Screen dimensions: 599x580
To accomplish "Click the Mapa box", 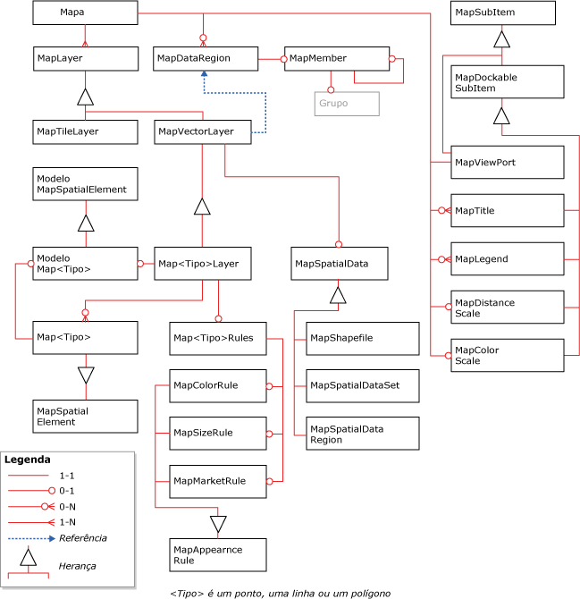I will (x=85, y=13).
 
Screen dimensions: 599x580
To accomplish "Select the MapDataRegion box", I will (x=205, y=58).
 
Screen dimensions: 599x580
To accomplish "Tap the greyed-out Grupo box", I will (x=347, y=104).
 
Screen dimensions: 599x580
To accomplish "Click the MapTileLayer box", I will (x=85, y=131).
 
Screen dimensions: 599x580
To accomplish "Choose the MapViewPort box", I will (x=507, y=162).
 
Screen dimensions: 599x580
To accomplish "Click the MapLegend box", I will (x=507, y=259).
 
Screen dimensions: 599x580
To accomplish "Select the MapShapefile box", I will (x=362, y=337).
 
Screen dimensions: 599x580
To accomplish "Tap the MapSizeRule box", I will (x=219, y=433).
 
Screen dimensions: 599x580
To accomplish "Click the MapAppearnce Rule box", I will (x=219, y=553).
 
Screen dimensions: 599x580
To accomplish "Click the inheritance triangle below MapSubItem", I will (x=502, y=38).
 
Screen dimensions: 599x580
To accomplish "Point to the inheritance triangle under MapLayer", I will (x=85, y=96).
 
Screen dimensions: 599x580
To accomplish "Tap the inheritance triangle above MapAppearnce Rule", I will (x=218, y=522).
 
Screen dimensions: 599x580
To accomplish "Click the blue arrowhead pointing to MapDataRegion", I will (x=205, y=78).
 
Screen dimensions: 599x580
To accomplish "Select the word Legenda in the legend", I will (x=28, y=460).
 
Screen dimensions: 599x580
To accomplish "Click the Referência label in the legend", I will (x=83, y=537).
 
